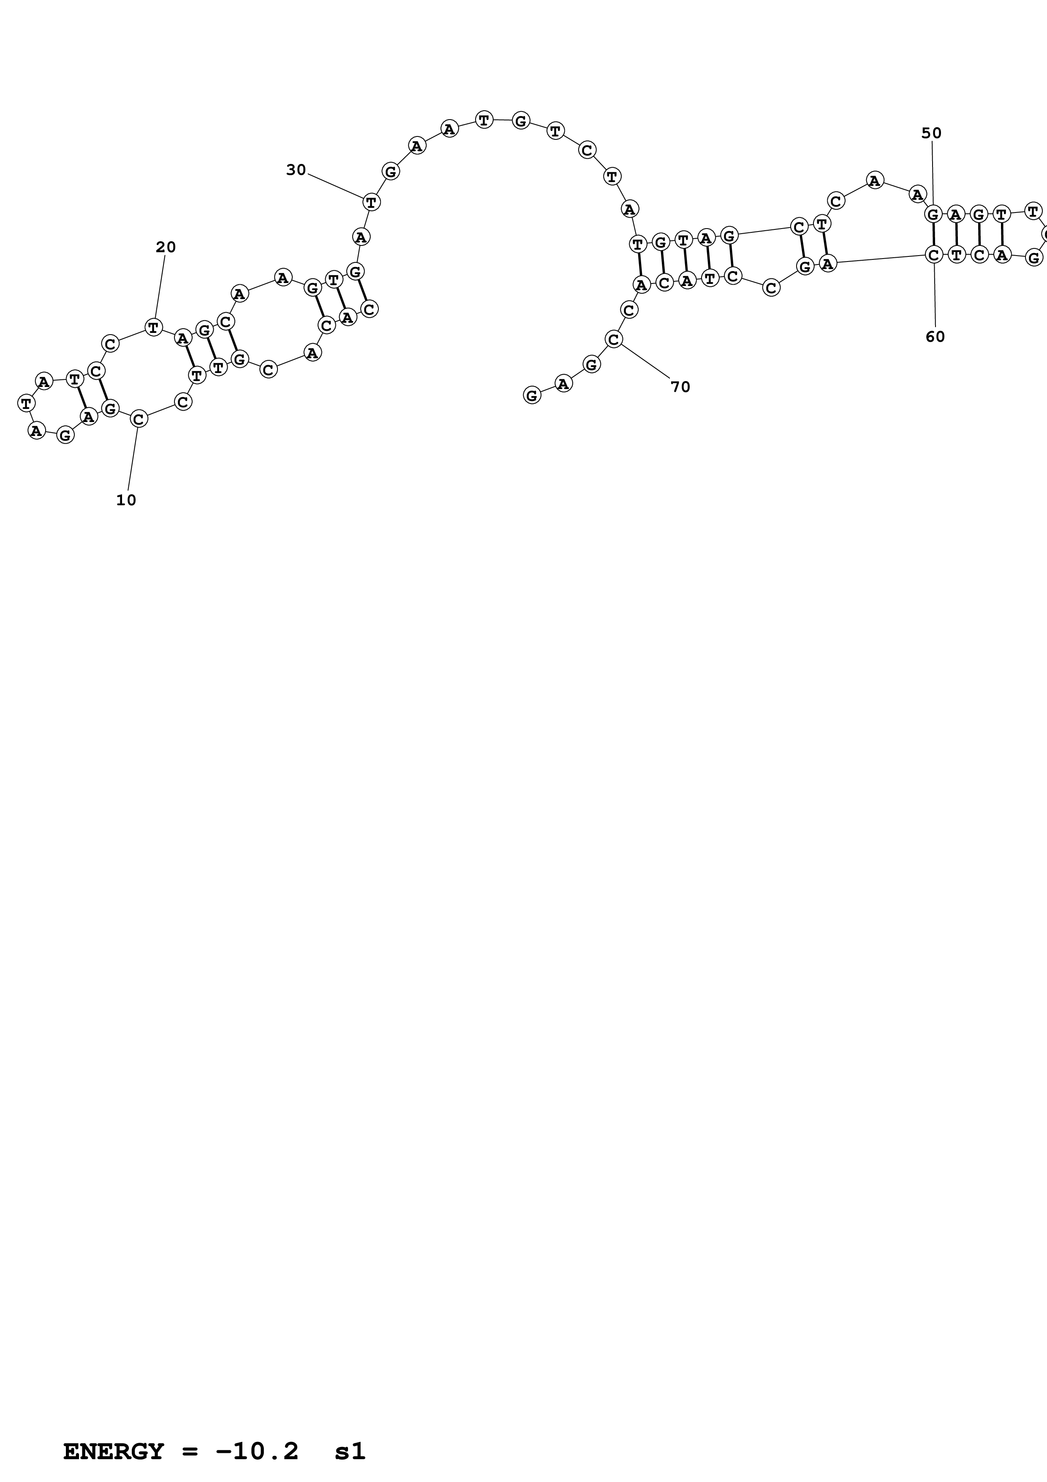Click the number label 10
[x=126, y=500]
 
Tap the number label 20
[x=166, y=247]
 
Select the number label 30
[x=296, y=170]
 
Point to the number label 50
[x=931, y=133]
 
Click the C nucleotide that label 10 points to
[x=138, y=419]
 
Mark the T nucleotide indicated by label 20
[x=153, y=327]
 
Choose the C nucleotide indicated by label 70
[x=614, y=339]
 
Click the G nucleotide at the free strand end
[x=532, y=395]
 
